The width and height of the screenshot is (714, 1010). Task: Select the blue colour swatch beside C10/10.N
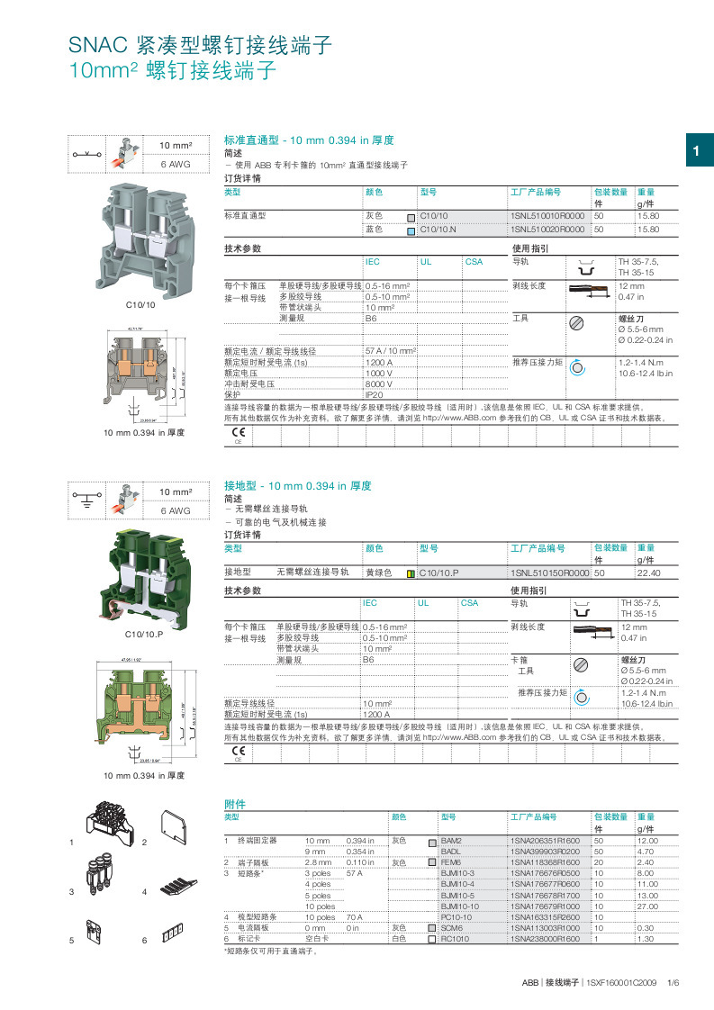pyautogui.click(x=411, y=230)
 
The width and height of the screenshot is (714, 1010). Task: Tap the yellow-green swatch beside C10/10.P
pyautogui.click(x=411, y=573)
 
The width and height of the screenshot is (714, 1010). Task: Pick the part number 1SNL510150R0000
pyautogui.click(x=549, y=573)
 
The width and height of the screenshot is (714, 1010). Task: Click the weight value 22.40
pyautogui.click(x=648, y=573)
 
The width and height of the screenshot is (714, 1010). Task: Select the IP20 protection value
pyautogui.click(x=374, y=394)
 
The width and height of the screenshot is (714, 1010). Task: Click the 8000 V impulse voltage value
pyautogui.click(x=379, y=383)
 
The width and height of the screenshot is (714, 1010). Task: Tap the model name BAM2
pyautogui.click(x=451, y=840)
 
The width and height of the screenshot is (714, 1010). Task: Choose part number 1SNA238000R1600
pyautogui.click(x=545, y=939)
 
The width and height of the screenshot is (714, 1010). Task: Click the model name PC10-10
pyautogui.click(x=456, y=916)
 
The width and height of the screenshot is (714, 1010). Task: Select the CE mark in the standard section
pyautogui.click(x=239, y=435)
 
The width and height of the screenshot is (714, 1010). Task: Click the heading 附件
pyautogui.click(x=234, y=803)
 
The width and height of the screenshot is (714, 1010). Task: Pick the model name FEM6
pyautogui.click(x=451, y=861)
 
